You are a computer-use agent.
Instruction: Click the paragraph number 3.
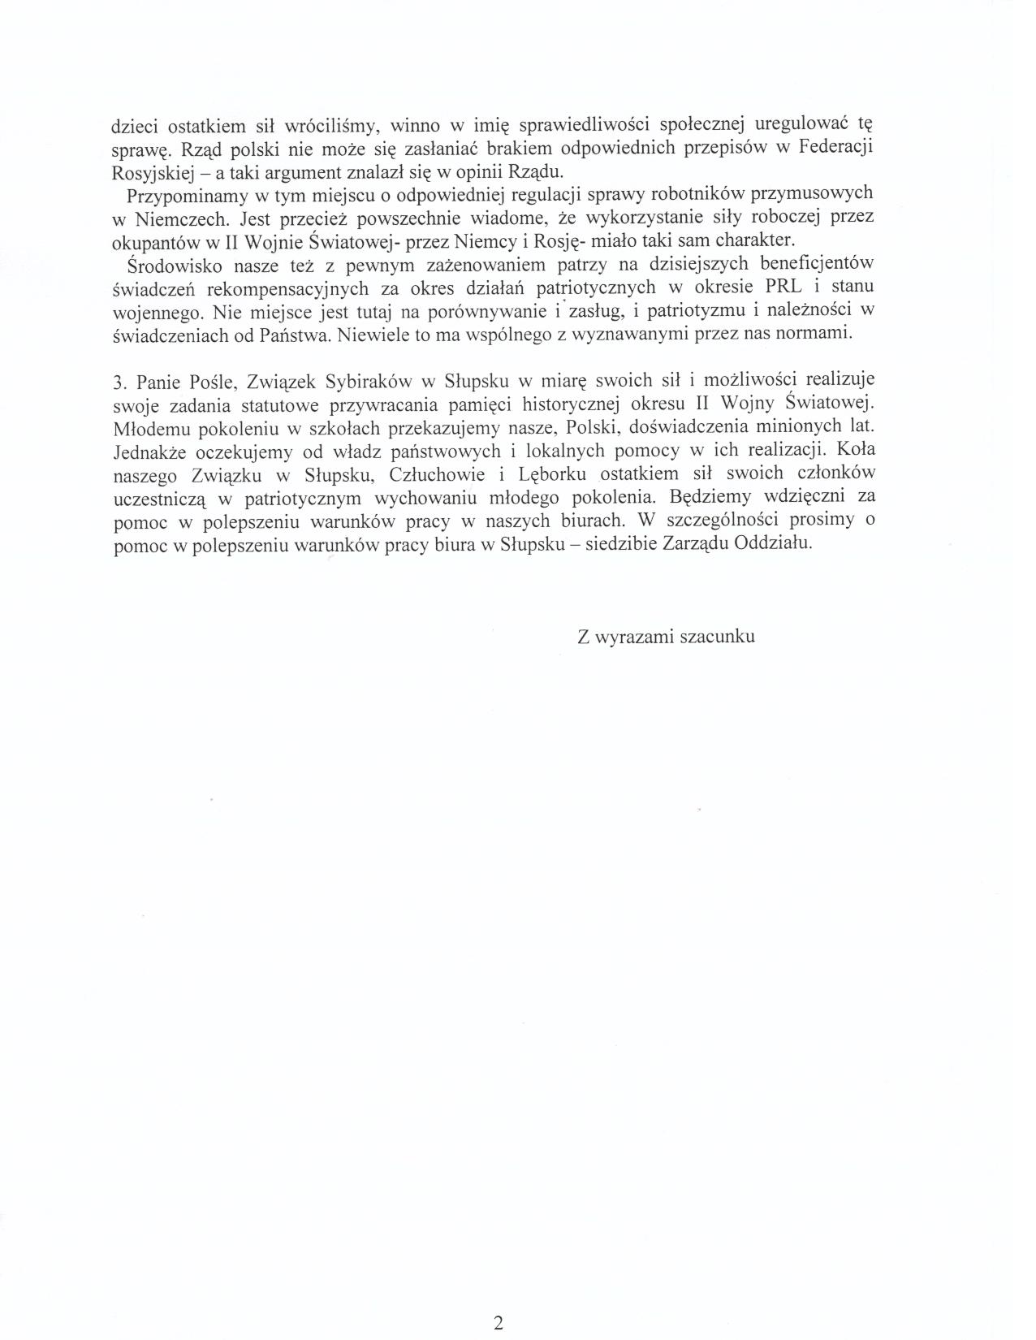pyautogui.click(x=117, y=382)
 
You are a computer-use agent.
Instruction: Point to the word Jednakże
pyautogui.click(x=149, y=452)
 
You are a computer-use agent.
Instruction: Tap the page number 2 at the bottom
pyautogui.click(x=499, y=1300)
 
